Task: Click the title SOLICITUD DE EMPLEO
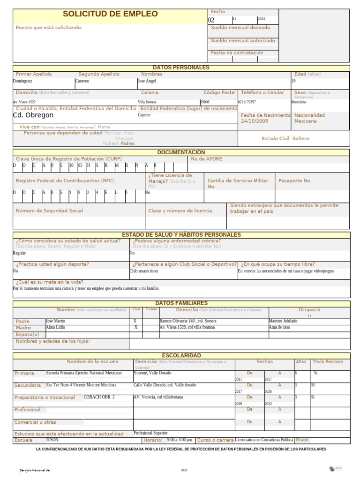coord(110,14)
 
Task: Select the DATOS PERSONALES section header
coord(181,68)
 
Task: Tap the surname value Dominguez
coord(22,81)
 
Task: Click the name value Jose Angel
coord(147,81)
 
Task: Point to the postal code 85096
coord(205,102)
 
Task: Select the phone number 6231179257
coord(247,102)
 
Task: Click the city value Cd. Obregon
coord(33,115)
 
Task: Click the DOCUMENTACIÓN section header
coord(181,152)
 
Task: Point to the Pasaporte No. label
coord(294,181)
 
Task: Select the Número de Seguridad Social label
coord(49,211)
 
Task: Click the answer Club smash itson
coord(144,271)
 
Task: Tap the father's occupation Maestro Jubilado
coord(283,321)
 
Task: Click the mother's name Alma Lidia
coord(55,327)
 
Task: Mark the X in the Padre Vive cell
coord(135,321)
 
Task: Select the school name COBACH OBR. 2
coord(99,397)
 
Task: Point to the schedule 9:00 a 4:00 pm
coord(180,440)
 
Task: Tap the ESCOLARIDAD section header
coord(181,356)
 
